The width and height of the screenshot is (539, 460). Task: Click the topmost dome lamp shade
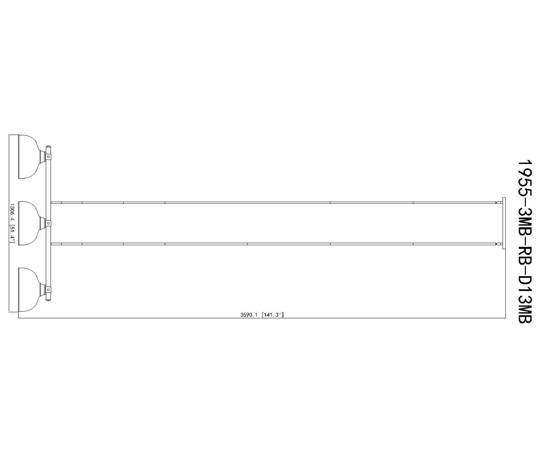(29, 157)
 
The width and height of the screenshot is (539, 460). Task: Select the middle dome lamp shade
(29, 223)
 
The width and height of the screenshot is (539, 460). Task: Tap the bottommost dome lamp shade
(29, 289)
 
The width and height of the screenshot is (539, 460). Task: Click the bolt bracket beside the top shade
(48, 157)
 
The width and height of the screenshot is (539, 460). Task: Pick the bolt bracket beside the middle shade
(48, 223)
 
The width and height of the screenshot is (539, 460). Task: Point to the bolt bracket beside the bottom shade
(48, 289)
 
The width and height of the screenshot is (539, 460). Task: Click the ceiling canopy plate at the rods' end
(504, 223)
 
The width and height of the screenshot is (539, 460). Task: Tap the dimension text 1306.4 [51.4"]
(12, 223)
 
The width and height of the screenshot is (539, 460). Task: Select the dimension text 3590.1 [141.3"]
(262, 315)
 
